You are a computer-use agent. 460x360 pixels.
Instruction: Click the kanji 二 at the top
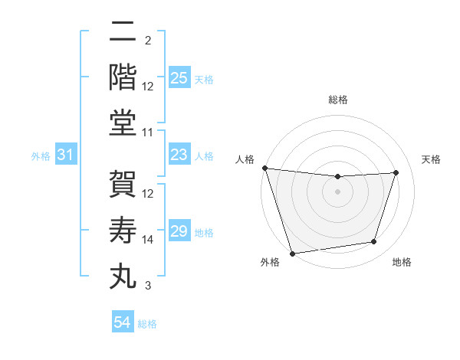point(122,32)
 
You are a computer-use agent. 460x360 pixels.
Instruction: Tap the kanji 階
point(122,77)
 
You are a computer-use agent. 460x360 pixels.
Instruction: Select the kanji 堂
point(122,123)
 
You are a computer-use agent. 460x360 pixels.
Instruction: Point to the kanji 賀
point(122,185)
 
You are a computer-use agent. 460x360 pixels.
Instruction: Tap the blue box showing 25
point(179,77)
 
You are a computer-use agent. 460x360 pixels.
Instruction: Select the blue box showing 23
point(179,155)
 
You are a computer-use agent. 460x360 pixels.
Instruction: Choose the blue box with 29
point(179,231)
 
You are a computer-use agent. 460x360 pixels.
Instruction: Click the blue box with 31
point(66,155)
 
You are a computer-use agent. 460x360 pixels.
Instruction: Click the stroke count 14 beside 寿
point(148,240)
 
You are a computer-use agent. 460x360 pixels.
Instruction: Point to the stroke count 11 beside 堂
point(148,133)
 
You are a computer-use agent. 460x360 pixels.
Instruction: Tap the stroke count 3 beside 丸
point(148,286)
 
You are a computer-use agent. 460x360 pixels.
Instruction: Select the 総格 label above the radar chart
point(337,100)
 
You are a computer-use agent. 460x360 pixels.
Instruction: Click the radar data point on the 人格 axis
point(264,168)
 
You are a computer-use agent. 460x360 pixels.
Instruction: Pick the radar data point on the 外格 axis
point(292,253)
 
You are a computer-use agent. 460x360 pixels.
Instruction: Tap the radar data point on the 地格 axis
point(374,242)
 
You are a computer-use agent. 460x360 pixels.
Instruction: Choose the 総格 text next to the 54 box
point(147,323)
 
